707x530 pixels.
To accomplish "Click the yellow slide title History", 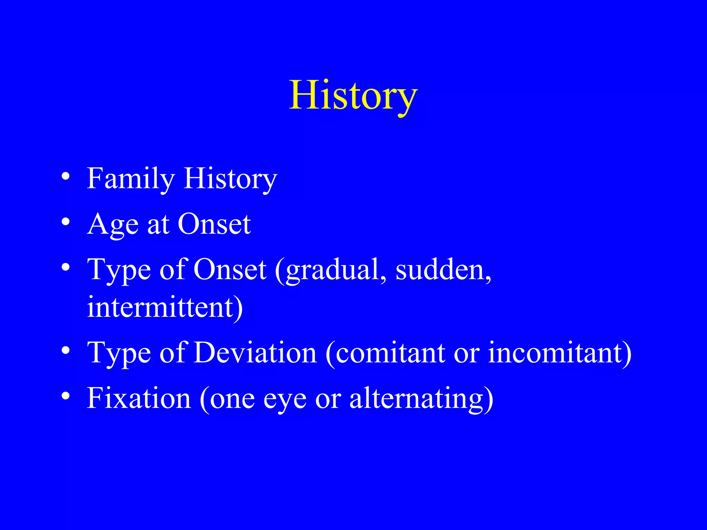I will pos(353,95).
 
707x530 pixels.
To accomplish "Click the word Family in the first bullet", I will pos(130,179).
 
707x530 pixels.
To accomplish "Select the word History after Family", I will pos(230,179).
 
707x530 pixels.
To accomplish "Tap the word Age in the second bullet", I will pos(113,224).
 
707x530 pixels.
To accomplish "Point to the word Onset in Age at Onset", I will pos(214,224).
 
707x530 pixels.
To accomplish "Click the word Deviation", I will pos(255,353).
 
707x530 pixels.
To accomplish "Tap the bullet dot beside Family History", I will pos(66,177).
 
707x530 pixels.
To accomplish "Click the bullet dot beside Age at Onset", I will pos(66,222).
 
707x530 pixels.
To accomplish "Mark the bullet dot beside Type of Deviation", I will pos(66,351).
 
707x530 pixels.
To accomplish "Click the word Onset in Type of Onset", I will pos(230,270).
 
